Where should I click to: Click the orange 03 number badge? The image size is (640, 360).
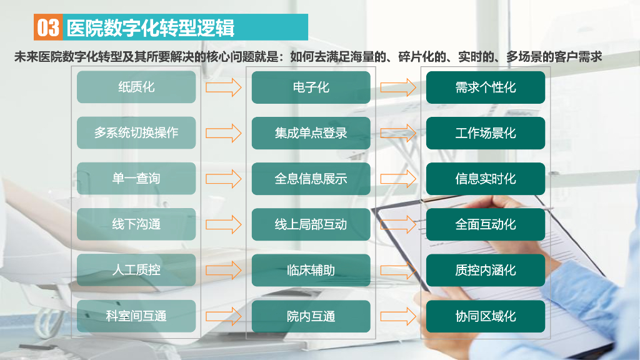click(49, 27)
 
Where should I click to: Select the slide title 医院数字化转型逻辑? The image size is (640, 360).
click(150, 27)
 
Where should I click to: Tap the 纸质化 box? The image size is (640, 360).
click(136, 87)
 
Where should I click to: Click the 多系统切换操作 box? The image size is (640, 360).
click(136, 132)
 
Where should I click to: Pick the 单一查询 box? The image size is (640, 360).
click(136, 178)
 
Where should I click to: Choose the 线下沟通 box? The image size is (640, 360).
click(136, 224)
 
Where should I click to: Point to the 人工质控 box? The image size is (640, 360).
click(136, 270)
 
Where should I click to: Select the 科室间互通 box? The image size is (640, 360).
click(136, 316)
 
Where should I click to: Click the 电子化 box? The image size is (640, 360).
click(311, 87)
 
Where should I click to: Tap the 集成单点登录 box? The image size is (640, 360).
click(311, 132)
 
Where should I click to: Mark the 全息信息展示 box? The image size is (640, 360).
click(311, 178)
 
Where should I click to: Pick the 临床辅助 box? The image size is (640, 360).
click(311, 270)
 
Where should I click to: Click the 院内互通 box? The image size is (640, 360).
click(311, 316)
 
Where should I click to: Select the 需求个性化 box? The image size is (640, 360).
click(486, 87)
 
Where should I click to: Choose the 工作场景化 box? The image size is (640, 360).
click(486, 132)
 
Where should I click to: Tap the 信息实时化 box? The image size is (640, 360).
click(486, 178)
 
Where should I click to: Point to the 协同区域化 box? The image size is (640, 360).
click(486, 316)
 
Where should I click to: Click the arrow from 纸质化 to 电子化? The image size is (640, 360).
click(223, 87)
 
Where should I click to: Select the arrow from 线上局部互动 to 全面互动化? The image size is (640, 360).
click(398, 224)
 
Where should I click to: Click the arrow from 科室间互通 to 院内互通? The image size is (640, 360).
click(223, 316)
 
